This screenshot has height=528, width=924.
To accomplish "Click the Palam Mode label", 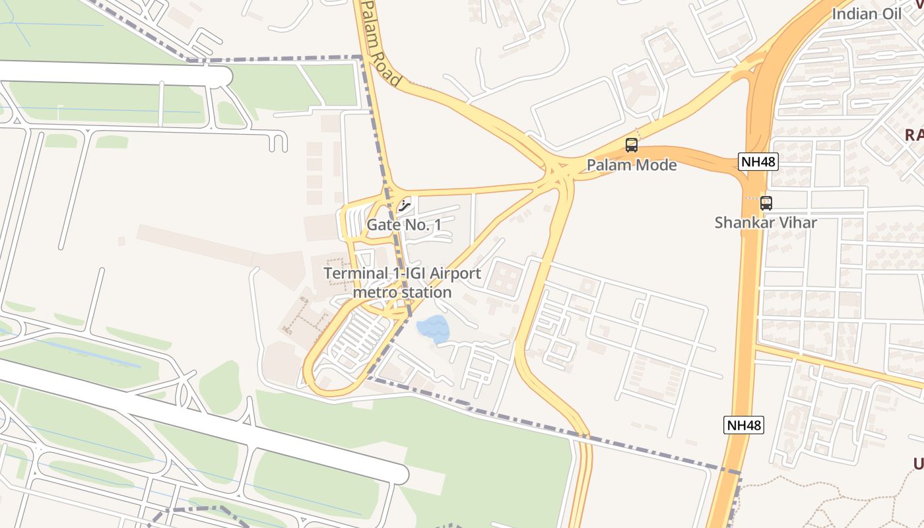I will pyautogui.click(x=632, y=165).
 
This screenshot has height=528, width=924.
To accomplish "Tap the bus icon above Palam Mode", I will pyautogui.click(x=632, y=145).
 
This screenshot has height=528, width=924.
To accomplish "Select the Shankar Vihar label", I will pyautogui.click(x=766, y=222).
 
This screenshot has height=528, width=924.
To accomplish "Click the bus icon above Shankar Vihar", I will pyautogui.click(x=766, y=203).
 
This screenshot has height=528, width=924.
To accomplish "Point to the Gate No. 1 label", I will pyautogui.click(x=404, y=225).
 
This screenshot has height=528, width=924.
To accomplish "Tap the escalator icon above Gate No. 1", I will pyautogui.click(x=405, y=206).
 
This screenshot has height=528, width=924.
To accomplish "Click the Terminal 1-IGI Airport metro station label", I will pyautogui.click(x=402, y=282).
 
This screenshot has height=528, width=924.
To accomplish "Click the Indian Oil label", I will pyautogui.click(x=866, y=14).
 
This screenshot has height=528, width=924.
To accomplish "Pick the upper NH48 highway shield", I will pyautogui.click(x=758, y=161).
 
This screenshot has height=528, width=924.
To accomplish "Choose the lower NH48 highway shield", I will pyautogui.click(x=744, y=425).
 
